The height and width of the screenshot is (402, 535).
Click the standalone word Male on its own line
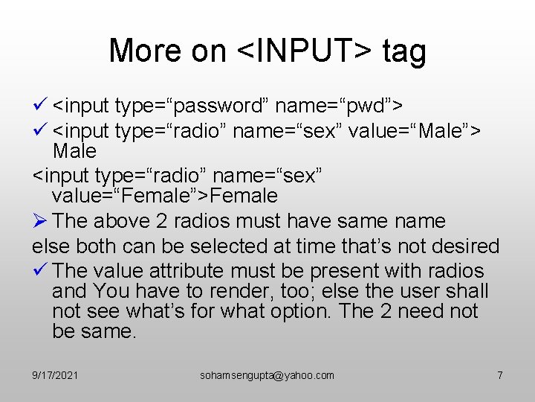pyautogui.click(x=74, y=152)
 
